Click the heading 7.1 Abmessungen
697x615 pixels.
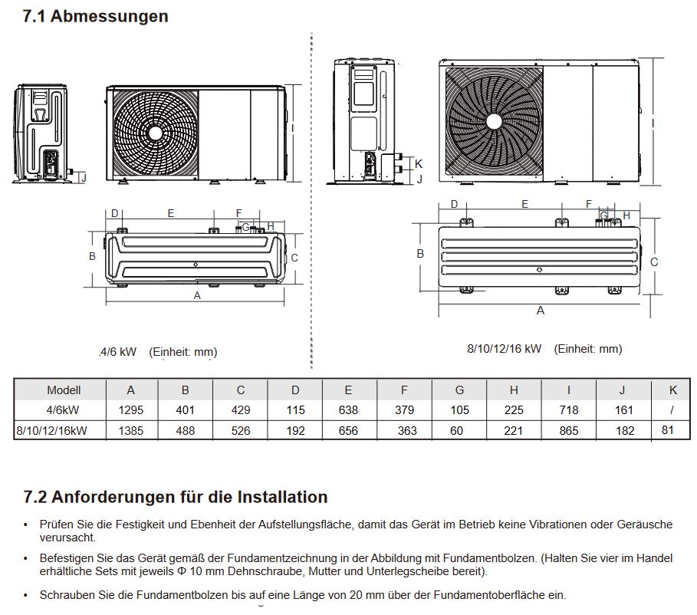96,16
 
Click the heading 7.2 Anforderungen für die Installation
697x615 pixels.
176,497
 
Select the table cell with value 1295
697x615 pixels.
130,410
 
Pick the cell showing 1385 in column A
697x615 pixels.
130,431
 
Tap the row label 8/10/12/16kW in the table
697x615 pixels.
51,431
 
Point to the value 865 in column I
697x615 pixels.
569,431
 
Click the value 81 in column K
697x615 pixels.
668,430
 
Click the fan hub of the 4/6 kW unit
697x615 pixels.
156,132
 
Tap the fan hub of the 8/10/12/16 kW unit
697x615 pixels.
493,121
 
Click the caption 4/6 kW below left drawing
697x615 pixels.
118,352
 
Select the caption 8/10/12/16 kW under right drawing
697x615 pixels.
504,349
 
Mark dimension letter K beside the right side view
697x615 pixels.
419,163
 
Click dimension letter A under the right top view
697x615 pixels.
541,311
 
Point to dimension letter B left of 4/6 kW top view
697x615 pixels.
92,256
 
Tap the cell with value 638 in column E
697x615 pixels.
348,410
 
